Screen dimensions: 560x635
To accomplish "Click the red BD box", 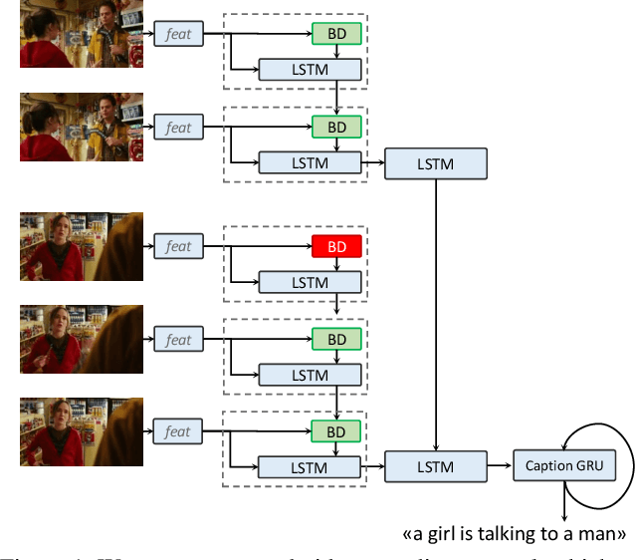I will [x=336, y=246].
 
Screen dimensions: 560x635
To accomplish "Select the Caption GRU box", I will [x=564, y=465].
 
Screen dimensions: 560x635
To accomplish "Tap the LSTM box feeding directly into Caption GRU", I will [x=436, y=465].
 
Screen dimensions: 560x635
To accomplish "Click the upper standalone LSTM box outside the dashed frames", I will [x=436, y=163].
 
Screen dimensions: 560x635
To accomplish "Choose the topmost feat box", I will [x=178, y=36].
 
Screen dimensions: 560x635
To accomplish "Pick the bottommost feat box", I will [x=178, y=430].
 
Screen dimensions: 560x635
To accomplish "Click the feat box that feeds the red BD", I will [x=178, y=245].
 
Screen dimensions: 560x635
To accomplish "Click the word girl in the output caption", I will [x=444, y=533].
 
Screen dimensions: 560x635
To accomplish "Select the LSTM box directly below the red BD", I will [x=310, y=282].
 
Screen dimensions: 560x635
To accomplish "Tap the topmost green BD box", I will [x=336, y=33].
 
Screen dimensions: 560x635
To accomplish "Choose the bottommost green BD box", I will [x=336, y=431].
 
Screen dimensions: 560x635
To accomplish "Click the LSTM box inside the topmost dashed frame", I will [x=310, y=70].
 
